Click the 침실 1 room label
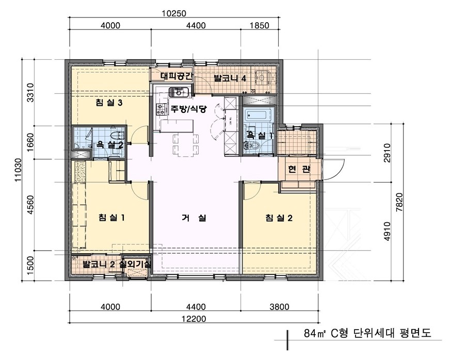[x=112, y=218]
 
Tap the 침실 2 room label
[x=279, y=218]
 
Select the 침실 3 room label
[x=109, y=103]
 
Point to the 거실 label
[x=194, y=218]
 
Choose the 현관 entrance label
[x=299, y=170]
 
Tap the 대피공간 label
[x=176, y=76]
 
